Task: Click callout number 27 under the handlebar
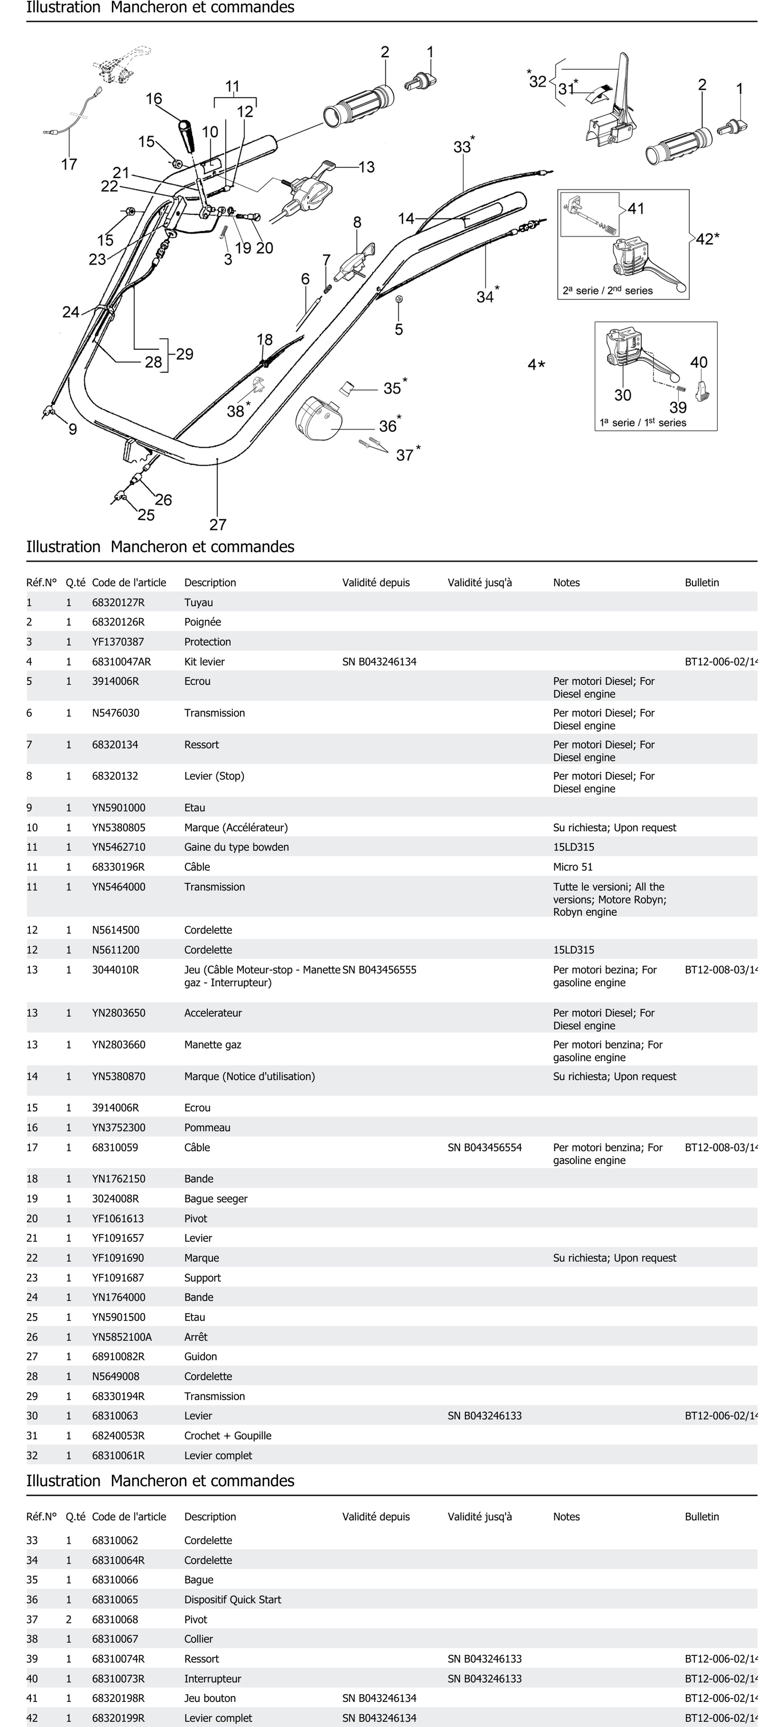click(218, 524)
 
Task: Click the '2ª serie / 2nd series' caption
click(608, 290)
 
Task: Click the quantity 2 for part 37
click(68, 1619)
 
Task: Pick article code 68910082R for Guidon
click(118, 1356)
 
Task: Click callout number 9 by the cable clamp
click(72, 429)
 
